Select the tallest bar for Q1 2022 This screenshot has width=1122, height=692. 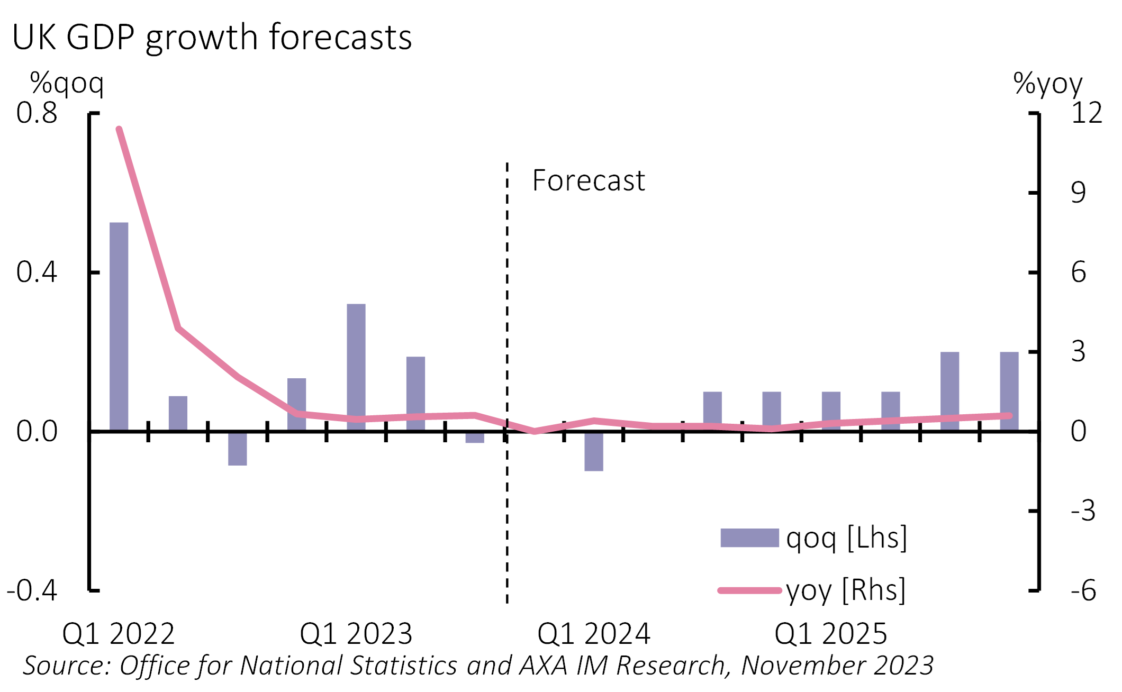pyautogui.click(x=119, y=326)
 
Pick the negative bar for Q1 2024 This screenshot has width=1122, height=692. pyautogui.click(x=593, y=451)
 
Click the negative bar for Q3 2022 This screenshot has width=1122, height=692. pyautogui.click(x=237, y=449)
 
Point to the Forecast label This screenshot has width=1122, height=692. pyautogui.click(x=588, y=180)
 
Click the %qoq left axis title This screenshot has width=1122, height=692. pyautogui.click(x=67, y=84)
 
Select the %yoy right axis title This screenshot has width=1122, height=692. pyautogui.click(x=1047, y=84)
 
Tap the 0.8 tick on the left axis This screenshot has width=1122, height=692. pyautogui.click(x=37, y=113)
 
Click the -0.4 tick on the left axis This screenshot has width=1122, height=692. pyautogui.click(x=32, y=590)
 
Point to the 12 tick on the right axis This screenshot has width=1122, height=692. pyautogui.click(x=1086, y=113)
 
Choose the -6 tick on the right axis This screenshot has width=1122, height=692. pyautogui.click(x=1083, y=590)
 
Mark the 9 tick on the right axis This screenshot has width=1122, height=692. pyautogui.click(x=1078, y=193)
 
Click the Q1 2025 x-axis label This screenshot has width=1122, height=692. pyautogui.click(x=830, y=633)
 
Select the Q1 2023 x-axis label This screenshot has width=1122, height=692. pyautogui.click(x=356, y=633)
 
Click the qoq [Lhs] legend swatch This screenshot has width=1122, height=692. pyautogui.click(x=749, y=538)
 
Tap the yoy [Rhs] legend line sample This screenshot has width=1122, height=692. pyautogui.click(x=749, y=590)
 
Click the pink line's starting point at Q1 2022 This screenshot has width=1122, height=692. pyautogui.click(x=119, y=129)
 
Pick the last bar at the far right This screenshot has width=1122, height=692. pyautogui.click(x=1009, y=391)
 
